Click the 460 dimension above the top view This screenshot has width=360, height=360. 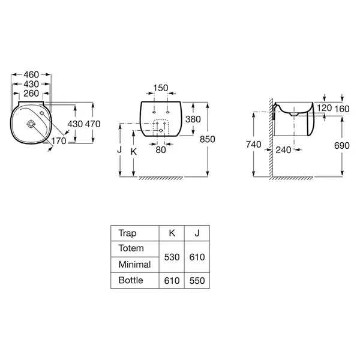[31, 74]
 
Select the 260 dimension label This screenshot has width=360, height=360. [31, 94]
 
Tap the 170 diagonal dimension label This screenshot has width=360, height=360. [59, 141]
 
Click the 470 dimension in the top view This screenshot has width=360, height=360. [93, 124]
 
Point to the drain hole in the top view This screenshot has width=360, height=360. [31, 124]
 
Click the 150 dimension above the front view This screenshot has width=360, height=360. [161, 88]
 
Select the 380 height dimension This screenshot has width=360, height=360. [193, 119]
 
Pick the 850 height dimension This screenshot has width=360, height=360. [208, 139]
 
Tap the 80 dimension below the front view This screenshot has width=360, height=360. [161, 150]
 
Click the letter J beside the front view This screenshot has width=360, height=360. [119, 149]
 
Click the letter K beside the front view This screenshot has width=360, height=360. [134, 152]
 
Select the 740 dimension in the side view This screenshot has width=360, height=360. [254, 145]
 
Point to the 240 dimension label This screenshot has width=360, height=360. [283, 150]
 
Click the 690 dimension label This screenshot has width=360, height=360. [342, 146]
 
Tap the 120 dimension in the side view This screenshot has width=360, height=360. [325, 107]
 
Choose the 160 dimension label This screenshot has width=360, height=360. [342, 109]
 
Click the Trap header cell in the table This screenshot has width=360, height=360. [127, 233]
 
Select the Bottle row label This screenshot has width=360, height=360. [131, 280]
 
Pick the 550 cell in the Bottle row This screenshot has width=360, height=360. [197, 281]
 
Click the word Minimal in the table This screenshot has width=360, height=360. [135, 265]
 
